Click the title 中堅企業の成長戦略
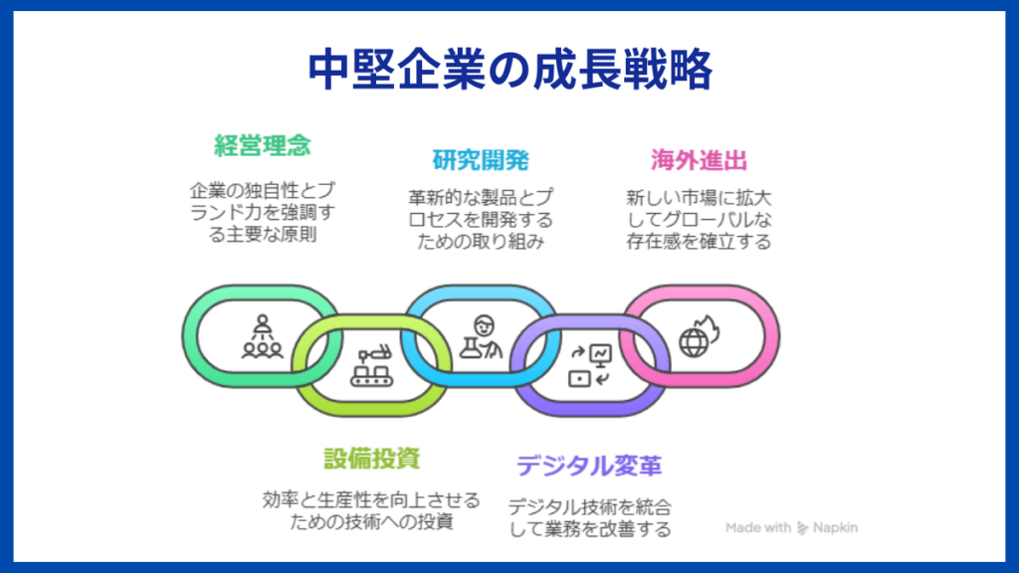(x=509, y=69)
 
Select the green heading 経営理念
(x=263, y=145)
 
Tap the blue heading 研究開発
(x=480, y=159)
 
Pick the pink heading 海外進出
(x=699, y=159)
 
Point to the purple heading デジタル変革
(x=589, y=466)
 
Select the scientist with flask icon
(x=481, y=336)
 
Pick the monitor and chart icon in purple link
(x=589, y=365)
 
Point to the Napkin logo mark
(x=803, y=528)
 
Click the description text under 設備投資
(x=371, y=509)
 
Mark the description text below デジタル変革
(x=589, y=516)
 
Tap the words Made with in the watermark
(x=758, y=528)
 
